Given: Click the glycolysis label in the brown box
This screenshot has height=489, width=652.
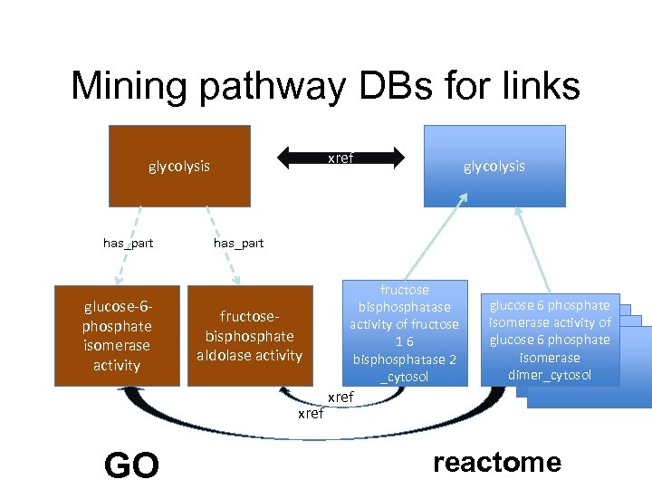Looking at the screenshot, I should [179, 166].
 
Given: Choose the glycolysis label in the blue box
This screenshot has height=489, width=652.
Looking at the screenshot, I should [494, 166].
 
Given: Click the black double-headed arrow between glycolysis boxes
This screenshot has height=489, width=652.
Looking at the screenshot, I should [340, 158].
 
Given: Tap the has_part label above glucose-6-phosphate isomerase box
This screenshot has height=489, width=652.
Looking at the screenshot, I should [129, 243].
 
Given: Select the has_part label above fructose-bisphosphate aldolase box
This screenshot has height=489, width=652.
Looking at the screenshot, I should [238, 243].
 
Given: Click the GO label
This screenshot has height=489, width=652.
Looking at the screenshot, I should [131, 465].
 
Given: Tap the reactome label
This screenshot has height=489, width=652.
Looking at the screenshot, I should [497, 463].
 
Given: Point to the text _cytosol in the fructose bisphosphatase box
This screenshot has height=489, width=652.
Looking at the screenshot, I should [405, 376].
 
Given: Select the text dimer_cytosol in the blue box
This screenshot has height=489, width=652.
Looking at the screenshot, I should [550, 375].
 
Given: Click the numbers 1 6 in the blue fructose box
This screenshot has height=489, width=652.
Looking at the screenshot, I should [405, 341].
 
